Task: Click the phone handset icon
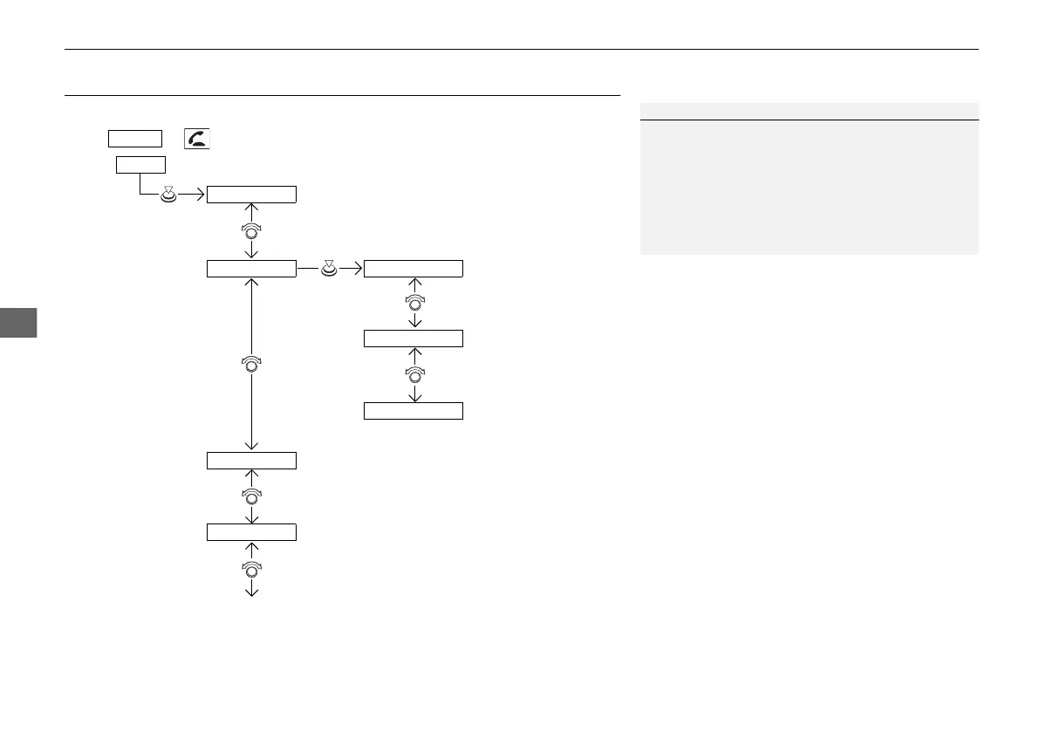[197, 138]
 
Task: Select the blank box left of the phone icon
[135, 138]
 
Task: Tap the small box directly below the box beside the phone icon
[140, 165]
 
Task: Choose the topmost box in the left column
[251, 194]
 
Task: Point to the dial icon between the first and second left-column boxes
[251, 231]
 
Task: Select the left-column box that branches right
[251, 269]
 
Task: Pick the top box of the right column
[413, 269]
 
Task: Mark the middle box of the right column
[413, 339]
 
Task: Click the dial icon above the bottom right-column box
[415, 375]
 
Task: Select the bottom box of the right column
[413, 411]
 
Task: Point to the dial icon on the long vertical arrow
[251, 365]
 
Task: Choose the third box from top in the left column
[251, 460]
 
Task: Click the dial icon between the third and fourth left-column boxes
[251, 496]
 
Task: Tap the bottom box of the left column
[251, 532]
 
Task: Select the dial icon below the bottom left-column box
[251, 570]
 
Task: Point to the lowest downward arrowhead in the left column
[251, 592]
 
